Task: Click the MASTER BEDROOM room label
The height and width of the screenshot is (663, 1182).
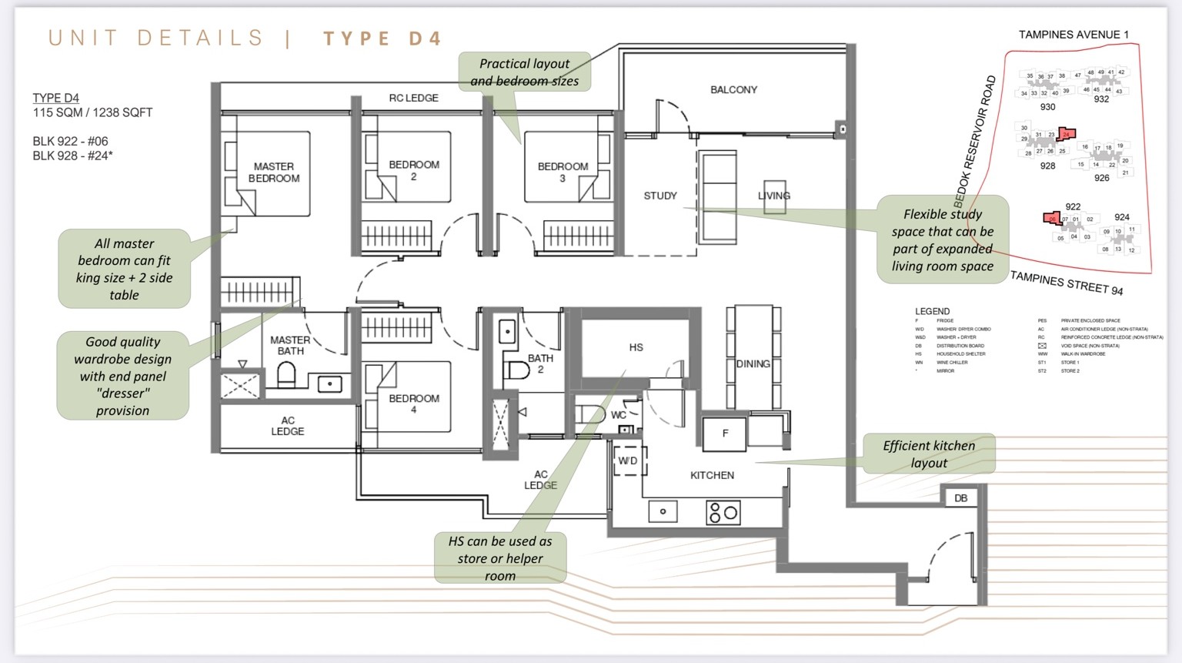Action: [x=274, y=172]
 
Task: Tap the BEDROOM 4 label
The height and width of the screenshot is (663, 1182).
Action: [x=414, y=403]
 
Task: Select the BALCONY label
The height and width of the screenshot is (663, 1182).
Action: [x=733, y=89]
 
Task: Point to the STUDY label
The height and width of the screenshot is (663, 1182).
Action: [x=660, y=196]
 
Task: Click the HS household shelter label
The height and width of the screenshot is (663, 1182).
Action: [x=636, y=347]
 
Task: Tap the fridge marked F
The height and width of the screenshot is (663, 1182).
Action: [x=725, y=434]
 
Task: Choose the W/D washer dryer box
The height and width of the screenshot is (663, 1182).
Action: [x=628, y=460]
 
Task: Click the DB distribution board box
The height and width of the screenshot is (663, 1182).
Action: [x=961, y=498]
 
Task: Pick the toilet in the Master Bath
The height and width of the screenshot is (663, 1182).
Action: [x=286, y=376]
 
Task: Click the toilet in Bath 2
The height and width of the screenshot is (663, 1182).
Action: [x=517, y=370]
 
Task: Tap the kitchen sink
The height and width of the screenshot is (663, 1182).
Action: [x=663, y=511]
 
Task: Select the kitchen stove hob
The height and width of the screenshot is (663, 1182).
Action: [x=723, y=512]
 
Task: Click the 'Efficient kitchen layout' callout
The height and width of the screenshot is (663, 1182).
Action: [x=929, y=454]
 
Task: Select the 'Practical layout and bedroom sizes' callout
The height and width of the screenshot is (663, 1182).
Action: [x=524, y=72]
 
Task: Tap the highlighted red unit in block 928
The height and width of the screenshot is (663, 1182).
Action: [x=1067, y=134]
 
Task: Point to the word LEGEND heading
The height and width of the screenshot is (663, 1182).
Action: [x=932, y=311]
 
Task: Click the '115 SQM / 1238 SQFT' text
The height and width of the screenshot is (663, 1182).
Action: [x=92, y=112]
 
